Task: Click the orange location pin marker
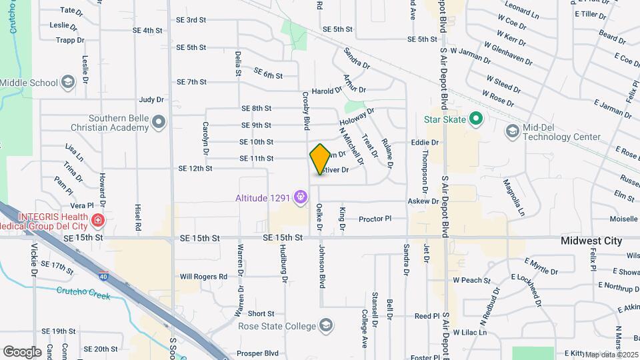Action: (x=320, y=159)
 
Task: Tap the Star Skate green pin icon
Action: (x=475, y=120)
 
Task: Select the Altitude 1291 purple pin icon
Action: (x=301, y=197)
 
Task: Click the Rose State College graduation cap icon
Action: (x=326, y=326)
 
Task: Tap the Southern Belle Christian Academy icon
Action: (x=159, y=122)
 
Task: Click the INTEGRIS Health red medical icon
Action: (x=99, y=219)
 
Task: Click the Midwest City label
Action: (x=591, y=241)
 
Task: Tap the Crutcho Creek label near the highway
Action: (x=80, y=290)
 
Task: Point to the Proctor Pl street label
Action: (x=375, y=219)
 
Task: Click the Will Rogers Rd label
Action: (x=203, y=276)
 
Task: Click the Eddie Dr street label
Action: (x=425, y=143)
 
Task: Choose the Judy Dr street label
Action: (x=151, y=100)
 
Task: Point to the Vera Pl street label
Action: (x=81, y=207)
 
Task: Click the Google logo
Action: (x=22, y=351)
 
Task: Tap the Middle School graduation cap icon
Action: (x=67, y=83)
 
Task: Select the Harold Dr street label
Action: (x=327, y=91)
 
